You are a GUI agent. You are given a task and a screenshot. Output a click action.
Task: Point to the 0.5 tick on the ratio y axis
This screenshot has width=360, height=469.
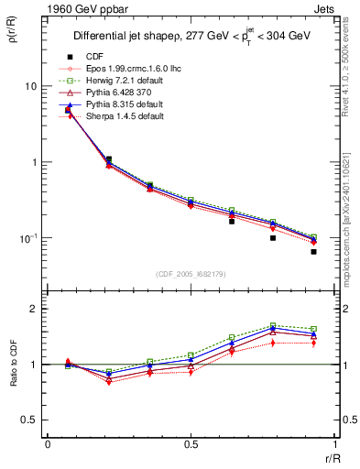pos(32,420)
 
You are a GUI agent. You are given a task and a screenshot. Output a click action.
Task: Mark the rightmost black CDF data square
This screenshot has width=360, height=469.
pos(313,251)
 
